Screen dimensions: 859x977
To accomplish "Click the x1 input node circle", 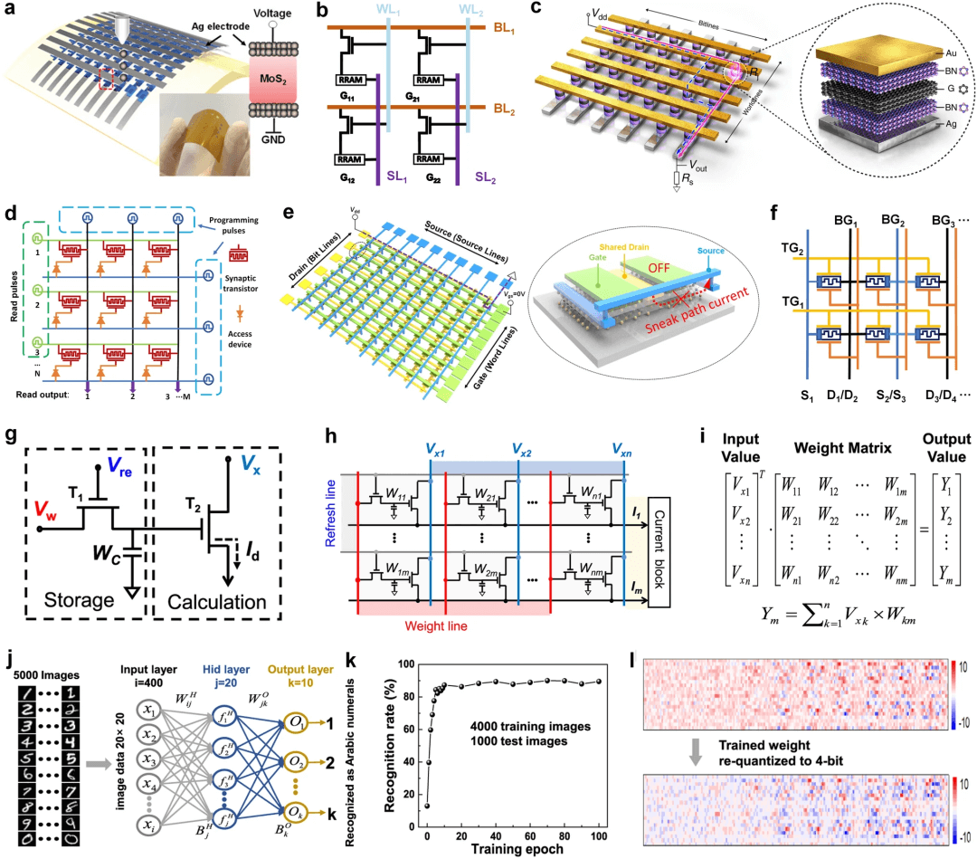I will pyautogui.click(x=149, y=705).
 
